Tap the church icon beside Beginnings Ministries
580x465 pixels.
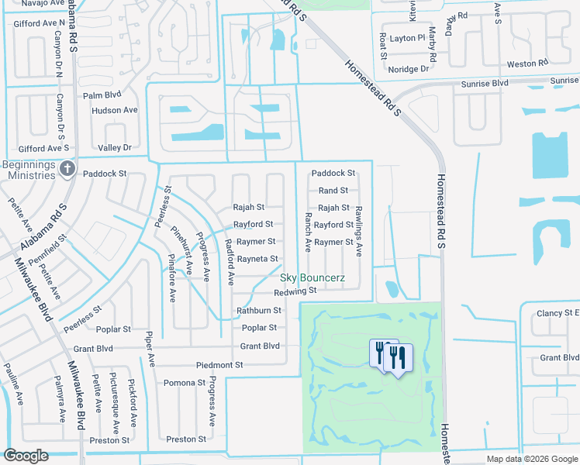click(67, 168)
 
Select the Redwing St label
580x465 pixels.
click(295, 291)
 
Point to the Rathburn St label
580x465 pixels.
click(258, 311)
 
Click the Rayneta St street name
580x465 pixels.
click(257, 259)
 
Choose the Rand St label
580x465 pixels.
click(333, 191)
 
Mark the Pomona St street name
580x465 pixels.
click(184, 383)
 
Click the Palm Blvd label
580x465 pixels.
click(103, 95)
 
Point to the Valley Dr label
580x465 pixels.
click(115, 147)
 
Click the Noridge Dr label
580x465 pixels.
click(409, 69)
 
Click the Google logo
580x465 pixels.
click(26, 456)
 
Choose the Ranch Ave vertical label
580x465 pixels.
click(308, 232)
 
